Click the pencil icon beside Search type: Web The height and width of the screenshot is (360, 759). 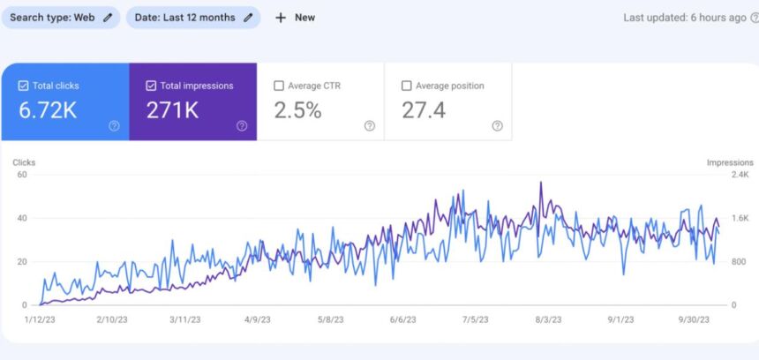(x=108, y=18)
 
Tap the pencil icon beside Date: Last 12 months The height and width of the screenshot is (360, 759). (x=248, y=18)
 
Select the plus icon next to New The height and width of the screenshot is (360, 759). (x=281, y=18)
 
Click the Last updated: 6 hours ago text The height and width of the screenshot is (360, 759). (x=684, y=18)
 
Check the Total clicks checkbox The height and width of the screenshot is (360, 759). (x=24, y=86)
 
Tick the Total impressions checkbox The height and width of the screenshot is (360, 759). (x=152, y=86)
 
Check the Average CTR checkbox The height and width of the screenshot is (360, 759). (x=279, y=86)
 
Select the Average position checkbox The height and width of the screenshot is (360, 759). (x=407, y=86)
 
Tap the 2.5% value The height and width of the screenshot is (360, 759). (x=297, y=110)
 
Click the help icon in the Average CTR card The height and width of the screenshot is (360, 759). (x=370, y=126)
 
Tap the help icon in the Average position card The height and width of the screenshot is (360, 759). (x=497, y=126)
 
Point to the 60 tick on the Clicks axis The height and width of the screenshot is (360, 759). (x=23, y=175)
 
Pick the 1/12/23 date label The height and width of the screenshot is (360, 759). (x=41, y=320)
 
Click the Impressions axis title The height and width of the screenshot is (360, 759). (x=730, y=162)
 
